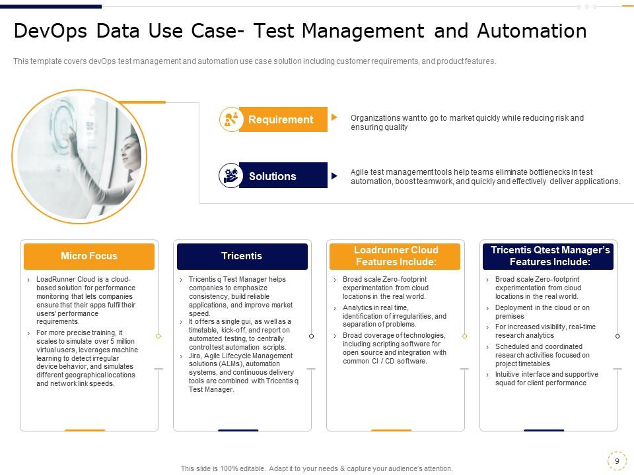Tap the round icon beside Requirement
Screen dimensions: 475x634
pyautogui.click(x=230, y=119)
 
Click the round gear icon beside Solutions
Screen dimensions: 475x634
pyautogui.click(x=230, y=175)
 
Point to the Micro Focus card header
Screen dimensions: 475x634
pyautogui.click(x=89, y=256)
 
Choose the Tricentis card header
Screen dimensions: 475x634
pyautogui.click(x=242, y=256)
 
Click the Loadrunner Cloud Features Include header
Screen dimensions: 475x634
pyautogui.click(x=396, y=256)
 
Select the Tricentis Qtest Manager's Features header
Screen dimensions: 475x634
pyautogui.click(x=549, y=256)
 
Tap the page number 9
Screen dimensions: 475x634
pyautogui.click(x=616, y=460)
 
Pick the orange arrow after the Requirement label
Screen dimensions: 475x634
pyautogui.click(x=334, y=117)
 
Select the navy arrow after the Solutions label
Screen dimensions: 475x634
pyautogui.click(x=334, y=176)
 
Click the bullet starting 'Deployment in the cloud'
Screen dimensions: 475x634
pyautogui.click(x=542, y=312)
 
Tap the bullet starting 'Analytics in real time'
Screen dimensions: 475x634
pyautogui.click(x=394, y=316)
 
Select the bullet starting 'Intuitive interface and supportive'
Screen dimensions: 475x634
pyautogui.click(x=546, y=379)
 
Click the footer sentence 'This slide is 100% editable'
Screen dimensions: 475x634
pyautogui.click(x=316, y=468)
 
